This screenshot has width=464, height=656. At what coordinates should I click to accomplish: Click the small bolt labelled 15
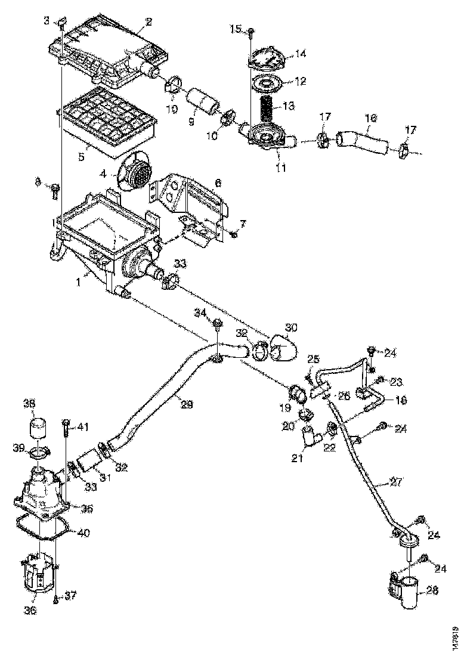coord(251,30)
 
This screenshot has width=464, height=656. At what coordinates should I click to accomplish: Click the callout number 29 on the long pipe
coord(187,404)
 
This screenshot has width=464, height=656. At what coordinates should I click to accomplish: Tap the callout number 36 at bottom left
coord(30,610)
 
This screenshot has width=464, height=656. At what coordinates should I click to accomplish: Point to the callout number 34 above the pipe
coord(202,312)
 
